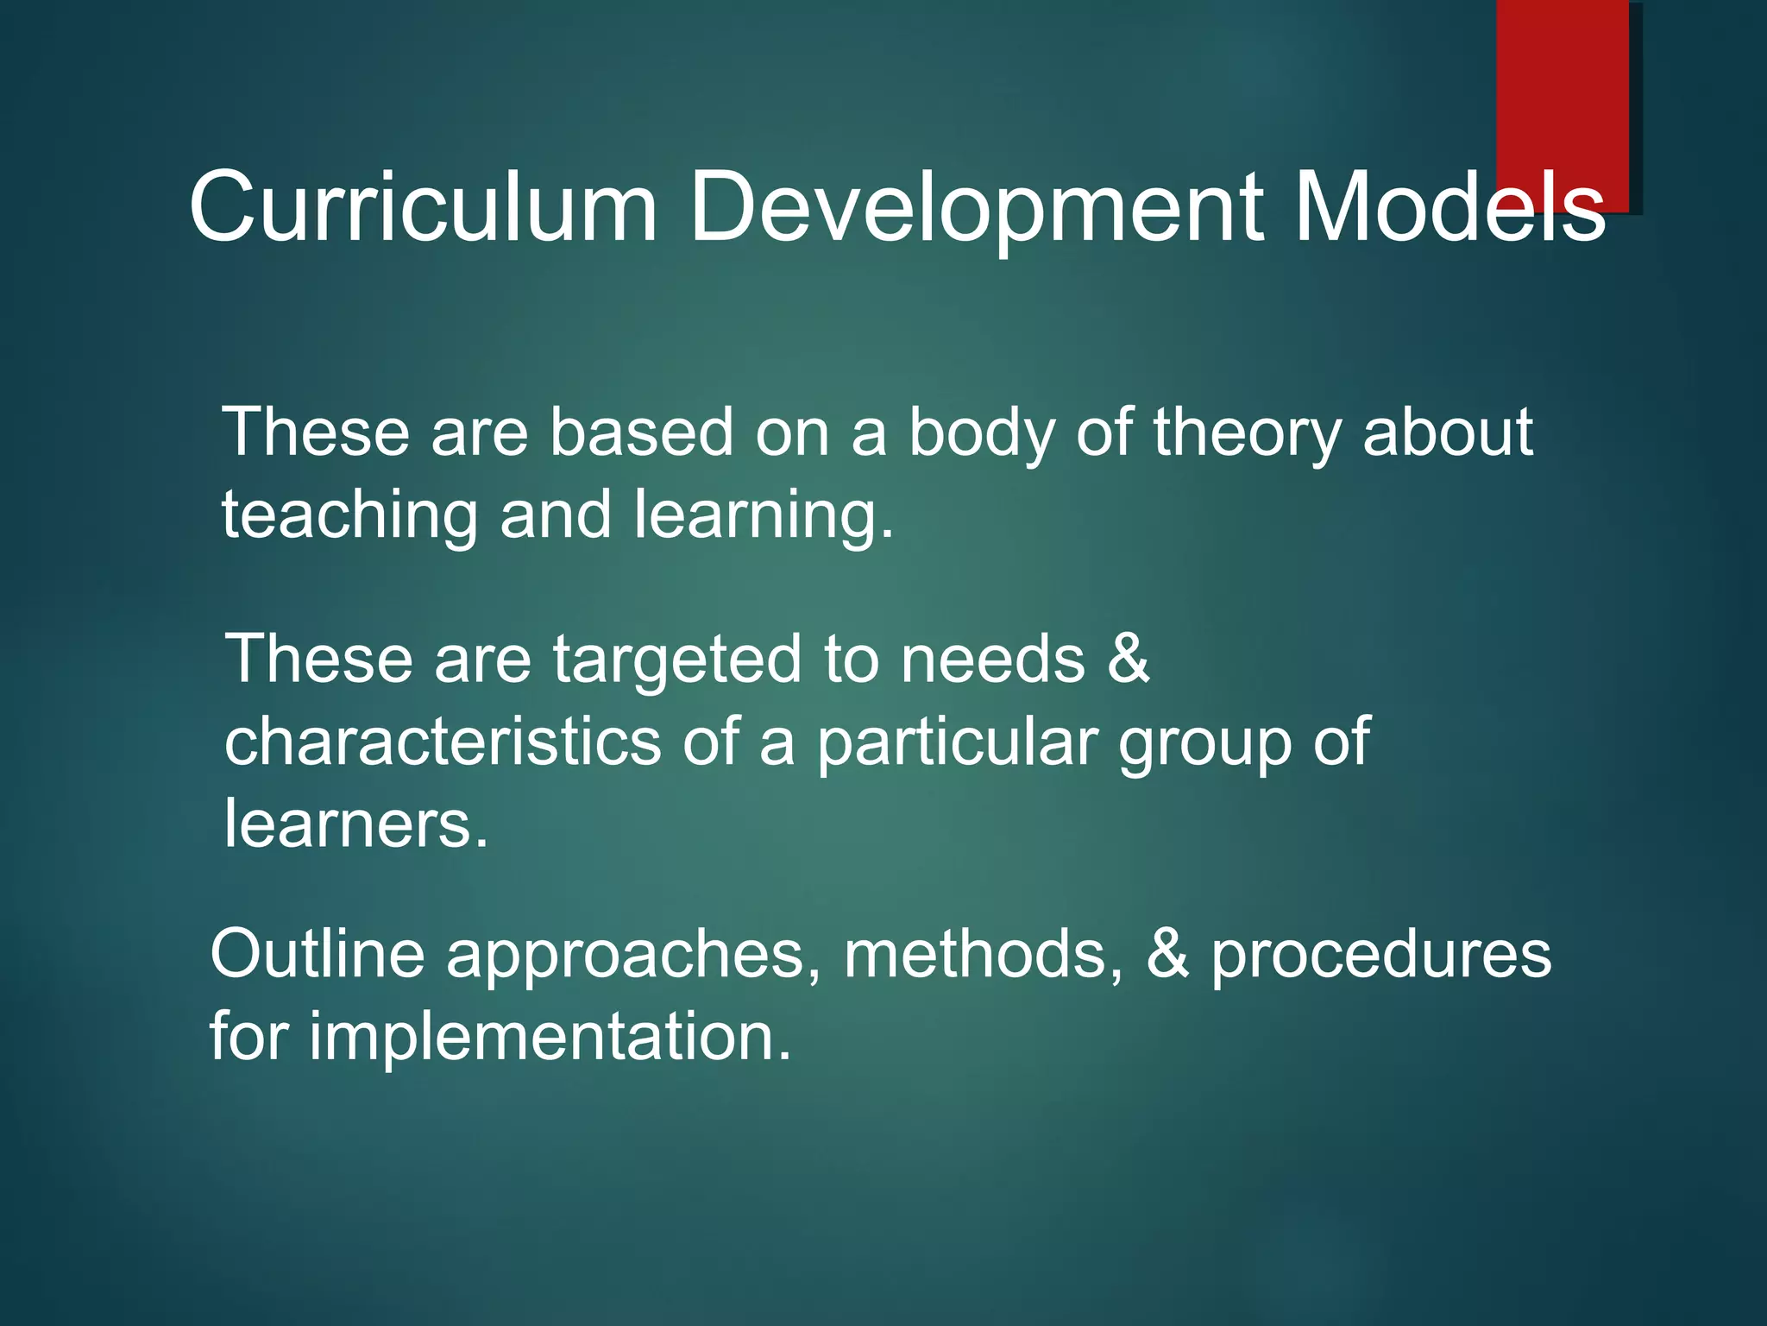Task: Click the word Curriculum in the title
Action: (423, 207)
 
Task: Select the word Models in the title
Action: (1449, 207)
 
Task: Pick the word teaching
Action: (349, 516)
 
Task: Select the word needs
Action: (992, 660)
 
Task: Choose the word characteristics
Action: (443, 742)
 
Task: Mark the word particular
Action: (957, 743)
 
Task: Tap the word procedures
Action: (1380, 957)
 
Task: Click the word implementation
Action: (549, 1037)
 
